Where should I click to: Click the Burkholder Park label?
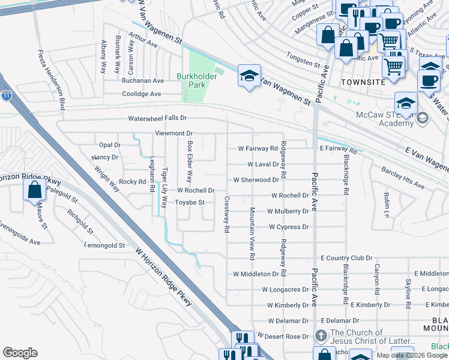[191, 80]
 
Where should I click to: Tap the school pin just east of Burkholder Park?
[249, 76]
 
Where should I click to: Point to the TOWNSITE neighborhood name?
[361, 81]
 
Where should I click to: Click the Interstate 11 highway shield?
[6, 95]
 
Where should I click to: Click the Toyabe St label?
[190, 203]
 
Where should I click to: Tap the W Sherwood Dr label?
[256, 179]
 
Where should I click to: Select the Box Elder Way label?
[190, 162]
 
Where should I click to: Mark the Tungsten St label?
[303, 62]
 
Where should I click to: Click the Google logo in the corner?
[20, 352]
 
